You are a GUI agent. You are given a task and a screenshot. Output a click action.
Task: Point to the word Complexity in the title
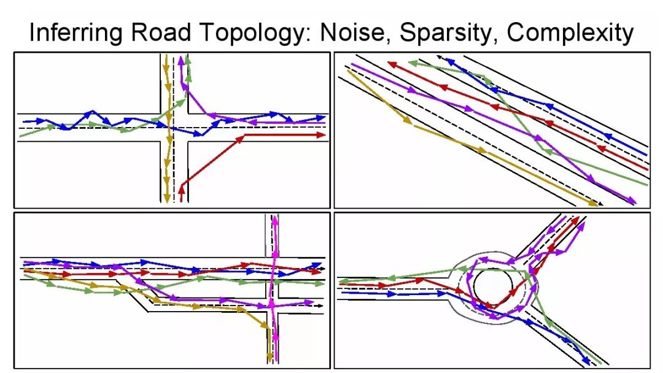coord(570,33)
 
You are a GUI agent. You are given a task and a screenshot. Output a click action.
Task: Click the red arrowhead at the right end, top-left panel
coord(321,135)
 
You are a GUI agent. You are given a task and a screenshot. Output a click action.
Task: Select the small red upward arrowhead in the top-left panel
coord(182,183)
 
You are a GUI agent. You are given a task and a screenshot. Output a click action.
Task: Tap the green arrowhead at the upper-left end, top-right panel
coord(413,63)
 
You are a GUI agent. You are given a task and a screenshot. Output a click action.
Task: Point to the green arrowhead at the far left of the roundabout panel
coord(343,282)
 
